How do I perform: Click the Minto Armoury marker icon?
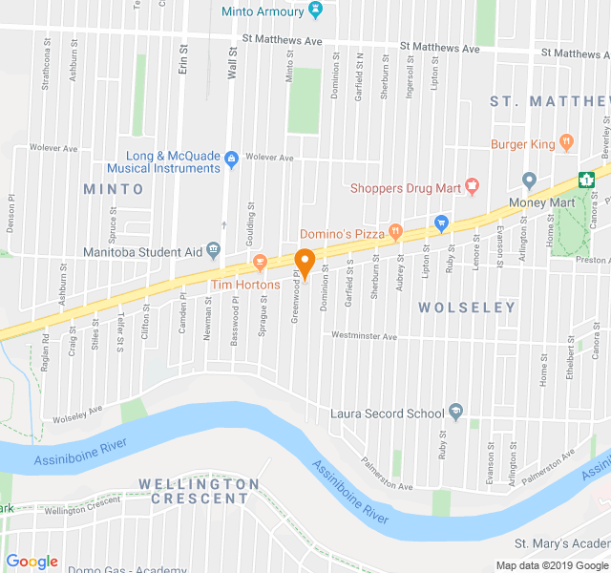pyautogui.click(x=317, y=11)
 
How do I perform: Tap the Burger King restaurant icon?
pyautogui.click(x=567, y=143)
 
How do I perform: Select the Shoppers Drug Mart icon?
pyautogui.click(x=471, y=186)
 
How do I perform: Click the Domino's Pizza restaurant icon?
pyautogui.click(x=394, y=232)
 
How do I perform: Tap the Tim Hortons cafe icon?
pyautogui.click(x=259, y=262)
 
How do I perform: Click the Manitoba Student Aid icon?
pyautogui.click(x=213, y=250)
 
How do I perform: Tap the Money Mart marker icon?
pyautogui.click(x=530, y=180)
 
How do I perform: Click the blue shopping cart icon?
pyautogui.click(x=440, y=223)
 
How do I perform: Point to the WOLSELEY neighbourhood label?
pyautogui.click(x=467, y=308)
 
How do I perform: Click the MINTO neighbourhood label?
pyautogui.click(x=113, y=189)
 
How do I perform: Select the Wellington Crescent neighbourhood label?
pyautogui.click(x=199, y=491)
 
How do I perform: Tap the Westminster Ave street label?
pyautogui.click(x=364, y=336)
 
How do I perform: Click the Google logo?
pyautogui.click(x=32, y=562)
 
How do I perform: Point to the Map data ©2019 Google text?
pyautogui.click(x=551, y=565)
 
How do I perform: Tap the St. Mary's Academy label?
pyautogui.click(x=561, y=543)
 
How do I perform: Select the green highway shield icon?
pyautogui.click(x=589, y=179)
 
